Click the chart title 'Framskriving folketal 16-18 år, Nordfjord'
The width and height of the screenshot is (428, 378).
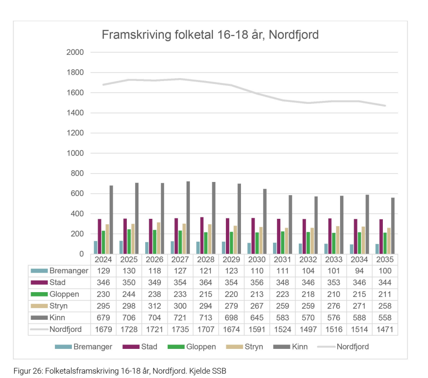209,35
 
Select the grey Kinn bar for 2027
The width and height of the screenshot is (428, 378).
188,218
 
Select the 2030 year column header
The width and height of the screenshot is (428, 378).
257,260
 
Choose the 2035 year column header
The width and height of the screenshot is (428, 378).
384,260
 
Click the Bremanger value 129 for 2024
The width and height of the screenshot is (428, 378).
103,271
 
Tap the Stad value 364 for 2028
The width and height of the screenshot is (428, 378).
205,282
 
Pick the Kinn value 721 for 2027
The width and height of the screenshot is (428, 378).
180,318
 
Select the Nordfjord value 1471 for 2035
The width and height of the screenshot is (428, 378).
384,329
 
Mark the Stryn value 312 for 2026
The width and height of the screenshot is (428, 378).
154,306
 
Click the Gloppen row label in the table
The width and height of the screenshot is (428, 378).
64,294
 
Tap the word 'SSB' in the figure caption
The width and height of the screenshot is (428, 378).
219,371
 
